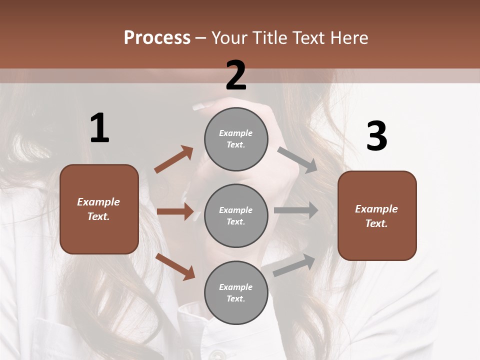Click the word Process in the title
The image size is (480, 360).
pos(157,38)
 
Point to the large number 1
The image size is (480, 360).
pos(99,128)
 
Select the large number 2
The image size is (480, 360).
pos(236,75)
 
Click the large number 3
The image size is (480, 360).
pos(377,136)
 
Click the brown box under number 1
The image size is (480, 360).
pos(99,209)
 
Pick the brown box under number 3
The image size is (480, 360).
pos(377,215)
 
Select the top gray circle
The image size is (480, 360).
pos(236,138)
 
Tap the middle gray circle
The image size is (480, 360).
pos(236,215)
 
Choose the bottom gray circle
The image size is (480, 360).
pos(236,292)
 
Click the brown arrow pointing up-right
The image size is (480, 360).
pos(173,159)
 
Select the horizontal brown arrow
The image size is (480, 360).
pos(175,211)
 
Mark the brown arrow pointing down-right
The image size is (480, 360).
pos(175,266)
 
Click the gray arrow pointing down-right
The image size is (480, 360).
pos(297,159)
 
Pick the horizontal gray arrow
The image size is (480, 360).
pos(296,210)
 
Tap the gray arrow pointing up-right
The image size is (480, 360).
pos(294,265)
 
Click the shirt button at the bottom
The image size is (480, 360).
pos(216,354)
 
